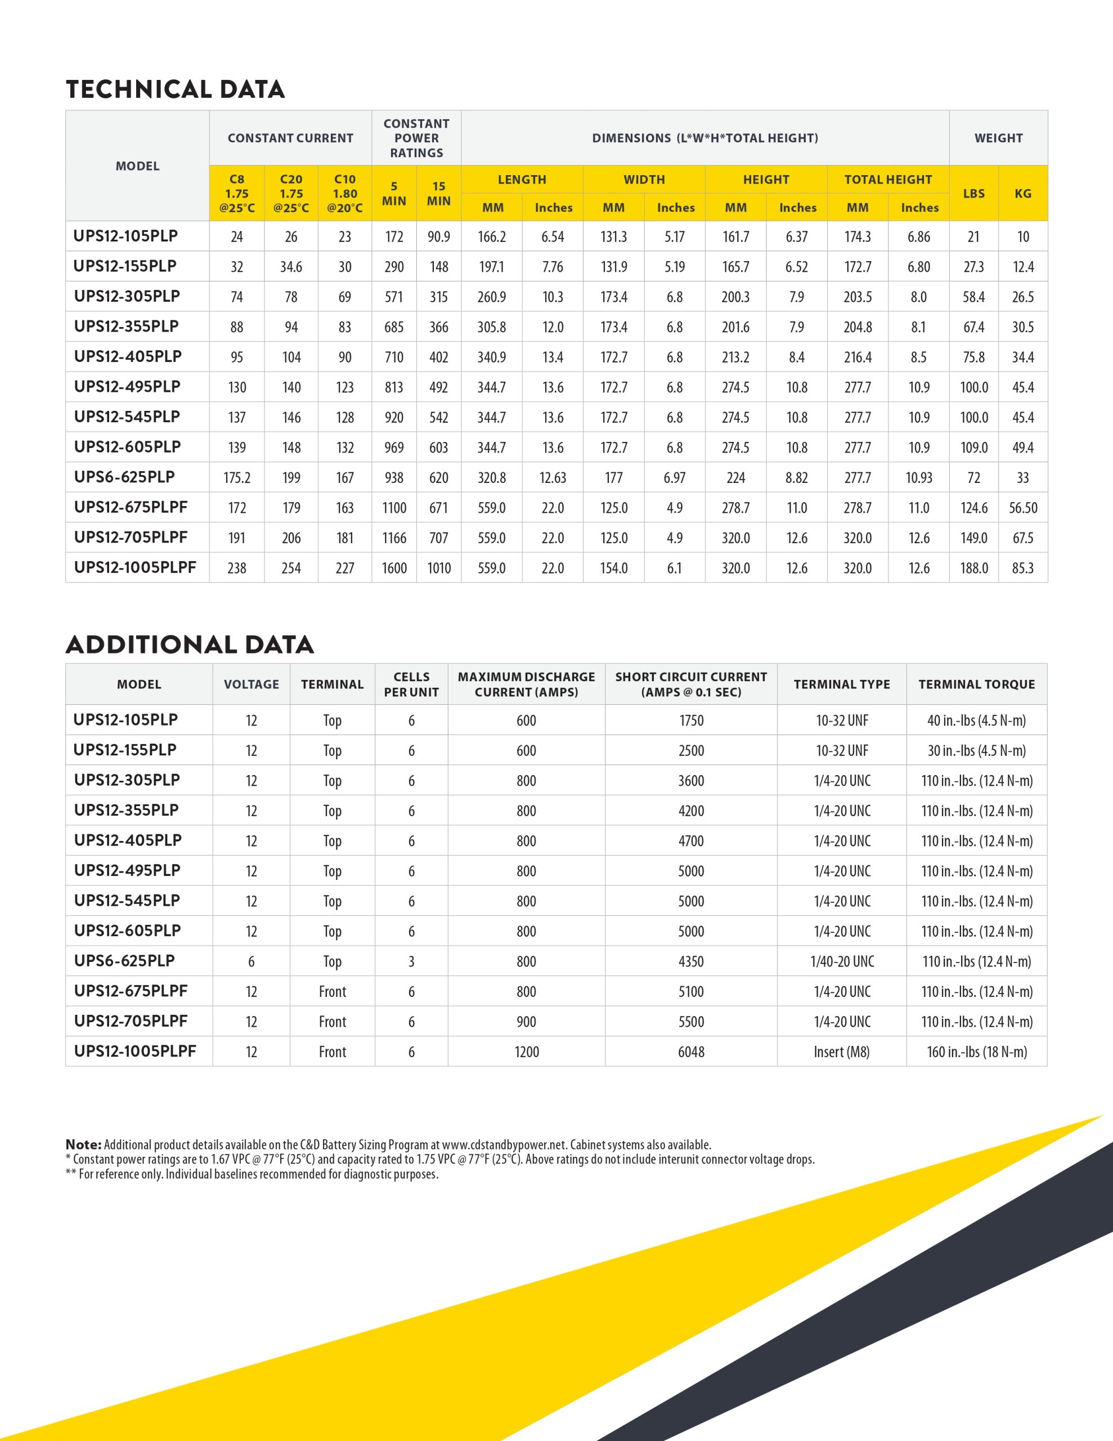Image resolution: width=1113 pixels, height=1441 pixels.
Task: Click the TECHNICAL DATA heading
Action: [x=175, y=89]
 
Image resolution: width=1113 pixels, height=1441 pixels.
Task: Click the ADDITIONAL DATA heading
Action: [x=190, y=645]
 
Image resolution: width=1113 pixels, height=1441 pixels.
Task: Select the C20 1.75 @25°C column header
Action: [x=291, y=193]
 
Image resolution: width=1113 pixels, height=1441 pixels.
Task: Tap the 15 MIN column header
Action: [x=439, y=193]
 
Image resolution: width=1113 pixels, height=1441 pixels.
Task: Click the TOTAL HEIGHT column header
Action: [x=888, y=180]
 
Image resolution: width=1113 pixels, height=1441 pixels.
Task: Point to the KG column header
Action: [x=1022, y=193]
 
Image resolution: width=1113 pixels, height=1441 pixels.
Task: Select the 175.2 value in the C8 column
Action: [x=237, y=478]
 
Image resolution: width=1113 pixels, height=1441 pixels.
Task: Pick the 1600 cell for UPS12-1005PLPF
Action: [x=394, y=568]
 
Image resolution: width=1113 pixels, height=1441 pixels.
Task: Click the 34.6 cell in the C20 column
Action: [x=291, y=267]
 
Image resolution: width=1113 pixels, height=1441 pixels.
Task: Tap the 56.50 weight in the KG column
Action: [x=1022, y=508]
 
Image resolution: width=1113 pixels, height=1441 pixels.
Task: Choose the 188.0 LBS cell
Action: [x=974, y=568]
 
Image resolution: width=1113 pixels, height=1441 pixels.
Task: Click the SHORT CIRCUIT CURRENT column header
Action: [x=691, y=684]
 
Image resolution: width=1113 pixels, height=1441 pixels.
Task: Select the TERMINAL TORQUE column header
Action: [x=976, y=684]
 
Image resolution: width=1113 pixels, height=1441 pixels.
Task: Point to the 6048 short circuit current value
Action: [x=691, y=1051]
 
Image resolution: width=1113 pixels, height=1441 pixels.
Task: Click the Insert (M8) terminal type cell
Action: [x=842, y=1051]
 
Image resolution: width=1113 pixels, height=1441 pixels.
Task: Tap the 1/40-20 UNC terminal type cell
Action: [x=842, y=961]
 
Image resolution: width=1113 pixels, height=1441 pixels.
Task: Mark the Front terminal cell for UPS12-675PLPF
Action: [x=333, y=992]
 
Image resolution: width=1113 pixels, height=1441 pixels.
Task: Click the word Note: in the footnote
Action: [x=84, y=1145]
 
